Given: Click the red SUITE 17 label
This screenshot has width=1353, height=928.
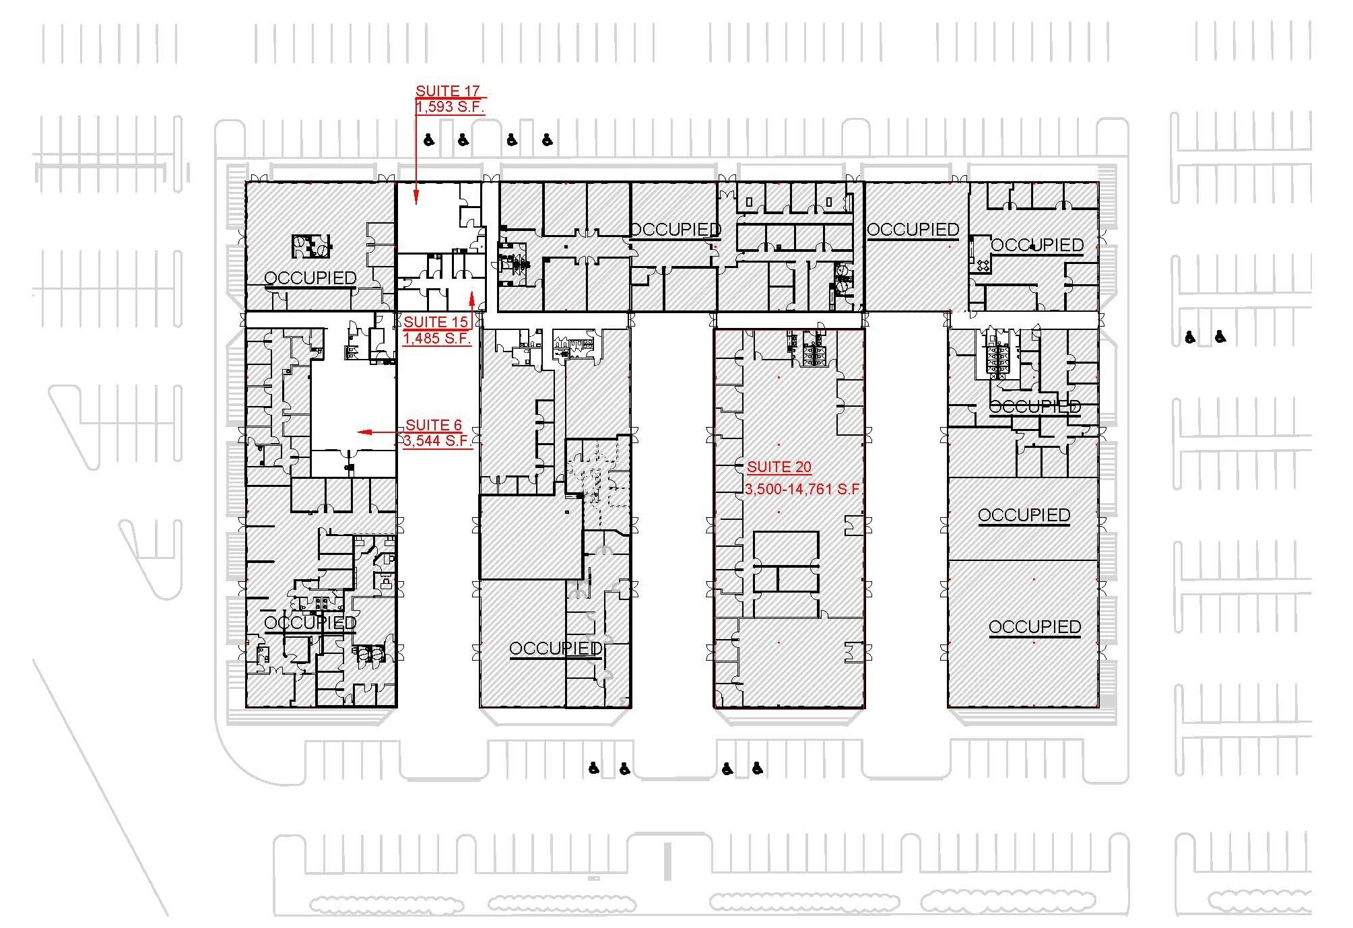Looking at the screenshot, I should (x=447, y=91).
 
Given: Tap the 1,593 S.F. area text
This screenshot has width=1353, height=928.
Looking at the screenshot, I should (x=449, y=107).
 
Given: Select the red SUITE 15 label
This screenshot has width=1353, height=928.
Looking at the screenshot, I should (x=435, y=323).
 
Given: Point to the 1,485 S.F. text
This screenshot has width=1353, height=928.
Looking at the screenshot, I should (x=436, y=339).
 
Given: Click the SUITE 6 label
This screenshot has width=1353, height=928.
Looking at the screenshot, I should (x=434, y=425).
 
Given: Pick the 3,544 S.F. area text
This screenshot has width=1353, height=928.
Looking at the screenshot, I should (x=436, y=441).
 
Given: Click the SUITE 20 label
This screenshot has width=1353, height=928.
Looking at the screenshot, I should (x=779, y=467).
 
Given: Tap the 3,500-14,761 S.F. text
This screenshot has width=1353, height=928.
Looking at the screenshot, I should (x=803, y=489).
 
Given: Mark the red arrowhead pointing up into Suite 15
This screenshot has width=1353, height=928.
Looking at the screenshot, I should (x=472, y=299).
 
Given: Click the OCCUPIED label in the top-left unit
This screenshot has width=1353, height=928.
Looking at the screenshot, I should (x=310, y=278).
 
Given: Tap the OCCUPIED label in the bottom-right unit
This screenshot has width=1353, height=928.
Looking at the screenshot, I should (x=1034, y=627).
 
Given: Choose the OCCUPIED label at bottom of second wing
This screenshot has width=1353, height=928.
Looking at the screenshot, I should (x=556, y=649).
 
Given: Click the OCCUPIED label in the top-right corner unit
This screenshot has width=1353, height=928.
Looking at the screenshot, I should (x=1037, y=245).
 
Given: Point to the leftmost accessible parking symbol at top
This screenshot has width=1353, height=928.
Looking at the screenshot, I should (x=429, y=140).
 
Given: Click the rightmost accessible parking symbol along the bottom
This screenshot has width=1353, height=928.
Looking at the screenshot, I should (x=758, y=768).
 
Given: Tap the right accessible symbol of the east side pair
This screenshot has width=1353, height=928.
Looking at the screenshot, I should (x=1220, y=336).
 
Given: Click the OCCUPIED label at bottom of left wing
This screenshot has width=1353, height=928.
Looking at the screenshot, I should (x=310, y=623).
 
